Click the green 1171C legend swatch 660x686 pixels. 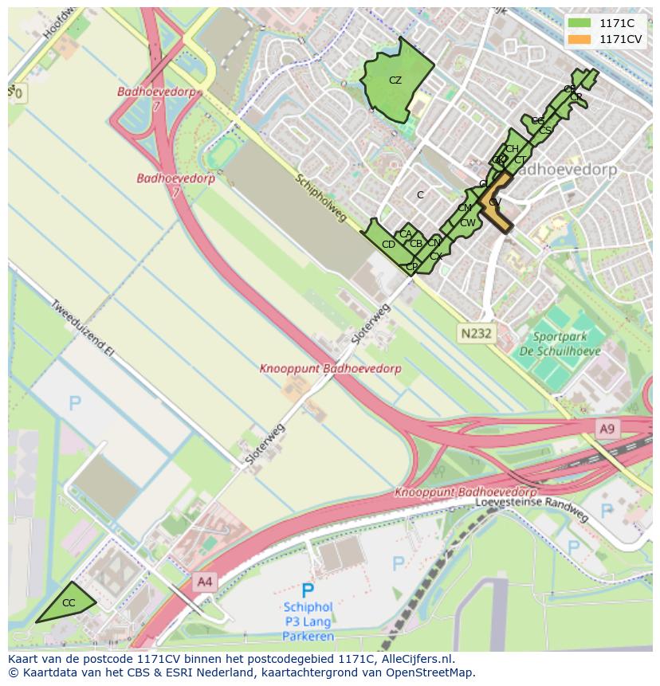pyautogui.click(x=579, y=23)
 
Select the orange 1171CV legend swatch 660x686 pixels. pyautogui.click(x=579, y=39)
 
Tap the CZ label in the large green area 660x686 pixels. pyautogui.click(x=395, y=80)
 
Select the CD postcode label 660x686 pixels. pyautogui.click(x=388, y=245)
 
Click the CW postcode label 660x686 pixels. pyautogui.click(x=467, y=222)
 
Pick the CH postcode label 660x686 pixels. pyautogui.click(x=512, y=149)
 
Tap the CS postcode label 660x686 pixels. pyautogui.click(x=545, y=130)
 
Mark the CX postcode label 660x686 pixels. pyautogui.click(x=435, y=257)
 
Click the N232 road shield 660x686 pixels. pyautogui.click(x=475, y=334)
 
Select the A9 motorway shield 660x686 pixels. pyautogui.click(x=607, y=429)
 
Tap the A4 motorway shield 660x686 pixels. pyautogui.click(x=205, y=582)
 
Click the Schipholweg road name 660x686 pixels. pyautogui.click(x=320, y=198)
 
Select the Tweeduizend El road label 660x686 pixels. pyautogui.click(x=83, y=328)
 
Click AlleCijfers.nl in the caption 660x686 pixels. pyautogui.click(x=414, y=659)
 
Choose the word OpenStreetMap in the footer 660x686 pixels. pyautogui.click(x=430, y=672)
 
